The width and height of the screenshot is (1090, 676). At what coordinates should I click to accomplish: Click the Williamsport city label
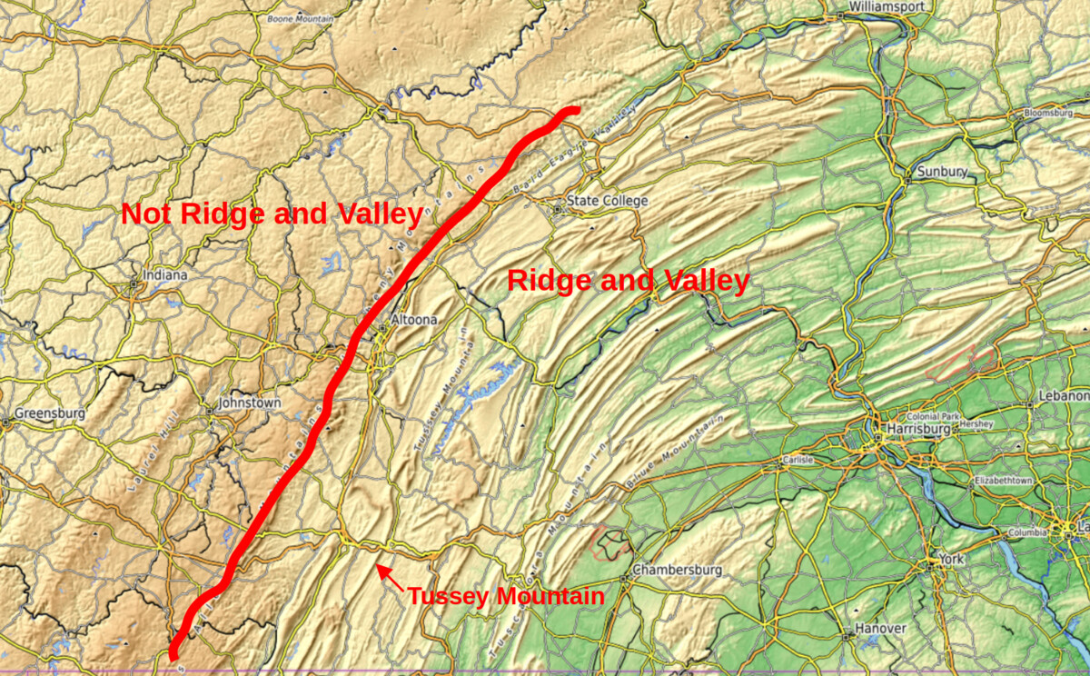[887, 6]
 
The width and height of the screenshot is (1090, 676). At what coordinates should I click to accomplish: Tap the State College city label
[607, 200]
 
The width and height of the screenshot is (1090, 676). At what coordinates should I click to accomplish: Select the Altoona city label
[414, 320]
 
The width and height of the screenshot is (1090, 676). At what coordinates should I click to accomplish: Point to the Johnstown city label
[250, 403]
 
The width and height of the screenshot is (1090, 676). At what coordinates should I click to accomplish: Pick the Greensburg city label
[49, 413]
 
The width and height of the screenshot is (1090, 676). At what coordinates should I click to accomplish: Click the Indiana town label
[164, 274]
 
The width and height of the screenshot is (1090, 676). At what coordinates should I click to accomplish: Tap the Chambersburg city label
[677, 570]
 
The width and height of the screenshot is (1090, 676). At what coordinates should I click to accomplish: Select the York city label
[950, 559]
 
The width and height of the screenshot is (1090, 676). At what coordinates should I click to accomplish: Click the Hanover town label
[880, 629]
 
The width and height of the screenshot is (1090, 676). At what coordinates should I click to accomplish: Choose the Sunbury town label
[942, 172]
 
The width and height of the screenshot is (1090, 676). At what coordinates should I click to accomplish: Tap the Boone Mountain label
[300, 18]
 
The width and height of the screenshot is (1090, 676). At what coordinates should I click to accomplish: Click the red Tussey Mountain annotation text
[505, 597]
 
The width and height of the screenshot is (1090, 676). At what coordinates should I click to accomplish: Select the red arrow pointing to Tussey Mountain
[390, 577]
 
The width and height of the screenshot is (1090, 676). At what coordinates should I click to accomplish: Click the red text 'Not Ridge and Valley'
[272, 214]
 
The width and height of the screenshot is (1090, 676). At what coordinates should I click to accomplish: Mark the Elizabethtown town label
[1003, 480]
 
